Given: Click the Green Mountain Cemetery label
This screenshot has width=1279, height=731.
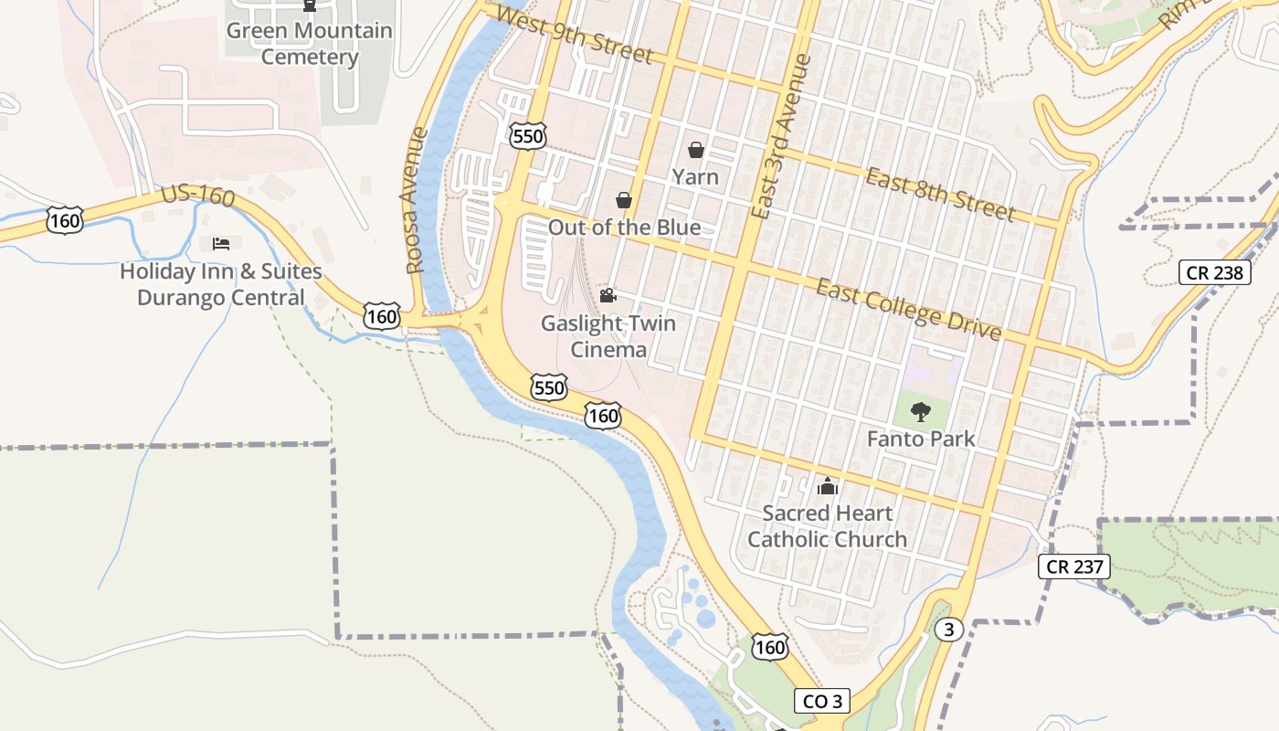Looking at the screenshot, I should pyautogui.click(x=310, y=44).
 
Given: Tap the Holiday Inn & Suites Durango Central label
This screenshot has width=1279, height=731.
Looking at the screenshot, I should pyautogui.click(x=221, y=284).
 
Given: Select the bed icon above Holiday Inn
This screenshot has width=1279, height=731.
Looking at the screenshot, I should pyautogui.click(x=221, y=243).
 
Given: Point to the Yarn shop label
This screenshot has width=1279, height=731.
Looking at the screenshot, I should pyautogui.click(x=695, y=176).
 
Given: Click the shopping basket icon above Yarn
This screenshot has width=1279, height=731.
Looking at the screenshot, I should pyautogui.click(x=696, y=150).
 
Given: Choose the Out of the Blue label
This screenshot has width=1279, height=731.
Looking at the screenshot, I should pyautogui.click(x=625, y=228).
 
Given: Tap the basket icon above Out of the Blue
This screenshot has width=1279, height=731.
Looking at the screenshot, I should pyautogui.click(x=625, y=199).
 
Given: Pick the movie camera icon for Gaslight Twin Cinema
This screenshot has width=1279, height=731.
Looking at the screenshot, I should pyautogui.click(x=608, y=295).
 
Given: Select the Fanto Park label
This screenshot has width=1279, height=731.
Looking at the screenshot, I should pyautogui.click(x=921, y=439).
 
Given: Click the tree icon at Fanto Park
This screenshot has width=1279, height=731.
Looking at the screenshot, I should pyautogui.click(x=921, y=411).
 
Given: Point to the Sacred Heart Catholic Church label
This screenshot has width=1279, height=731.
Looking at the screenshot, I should pyautogui.click(x=828, y=526).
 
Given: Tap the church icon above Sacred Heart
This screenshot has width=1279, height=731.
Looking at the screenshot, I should pyautogui.click(x=828, y=485).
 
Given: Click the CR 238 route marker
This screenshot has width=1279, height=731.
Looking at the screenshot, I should pyautogui.click(x=1214, y=272).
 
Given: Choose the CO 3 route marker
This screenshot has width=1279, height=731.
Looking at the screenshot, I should pyautogui.click(x=822, y=701).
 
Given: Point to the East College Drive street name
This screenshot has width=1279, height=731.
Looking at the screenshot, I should pyautogui.click(x=908, y=309).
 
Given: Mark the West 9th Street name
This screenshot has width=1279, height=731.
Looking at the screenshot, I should pyautogui.click(x=576, y=37).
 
